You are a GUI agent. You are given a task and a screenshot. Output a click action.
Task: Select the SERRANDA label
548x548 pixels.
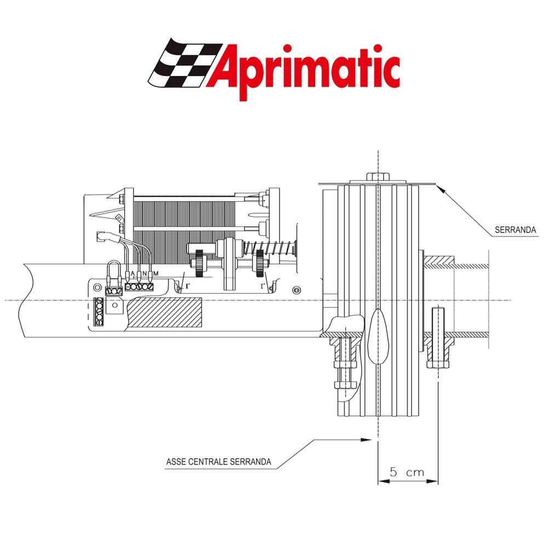(x=515, y=231)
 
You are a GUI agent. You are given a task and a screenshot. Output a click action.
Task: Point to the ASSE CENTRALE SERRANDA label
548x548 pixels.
(x=219, y=461)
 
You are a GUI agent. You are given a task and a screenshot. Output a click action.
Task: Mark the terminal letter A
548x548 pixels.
(x=133, y=273)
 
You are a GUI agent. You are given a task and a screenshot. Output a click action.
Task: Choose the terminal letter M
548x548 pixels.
(x=156, y=273)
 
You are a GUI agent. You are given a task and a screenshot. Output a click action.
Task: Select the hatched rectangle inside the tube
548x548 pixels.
(x=164, y=313)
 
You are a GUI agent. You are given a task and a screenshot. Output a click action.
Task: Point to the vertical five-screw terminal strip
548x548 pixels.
(x=99, y=312)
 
